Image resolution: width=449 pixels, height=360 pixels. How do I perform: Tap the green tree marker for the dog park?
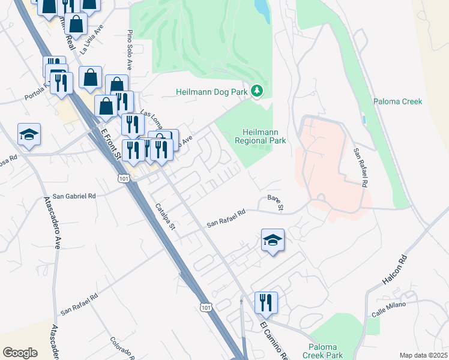point(258,91)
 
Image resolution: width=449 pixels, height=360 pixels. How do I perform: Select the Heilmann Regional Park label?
point(264,136)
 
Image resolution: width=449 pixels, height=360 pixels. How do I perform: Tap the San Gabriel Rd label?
point(74,196)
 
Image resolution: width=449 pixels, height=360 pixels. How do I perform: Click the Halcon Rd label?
point(394,271)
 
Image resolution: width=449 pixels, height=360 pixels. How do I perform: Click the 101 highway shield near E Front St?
point(124,178)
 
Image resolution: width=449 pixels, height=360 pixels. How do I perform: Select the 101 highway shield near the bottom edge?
point(206,307)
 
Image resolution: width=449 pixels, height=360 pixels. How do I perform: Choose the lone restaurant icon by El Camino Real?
point(266,302)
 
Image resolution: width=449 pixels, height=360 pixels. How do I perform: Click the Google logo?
point(20,353)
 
